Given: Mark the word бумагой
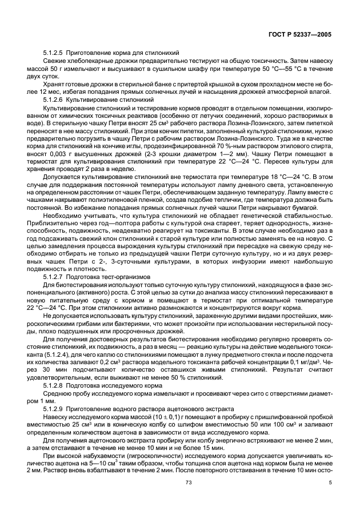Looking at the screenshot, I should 302,207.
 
